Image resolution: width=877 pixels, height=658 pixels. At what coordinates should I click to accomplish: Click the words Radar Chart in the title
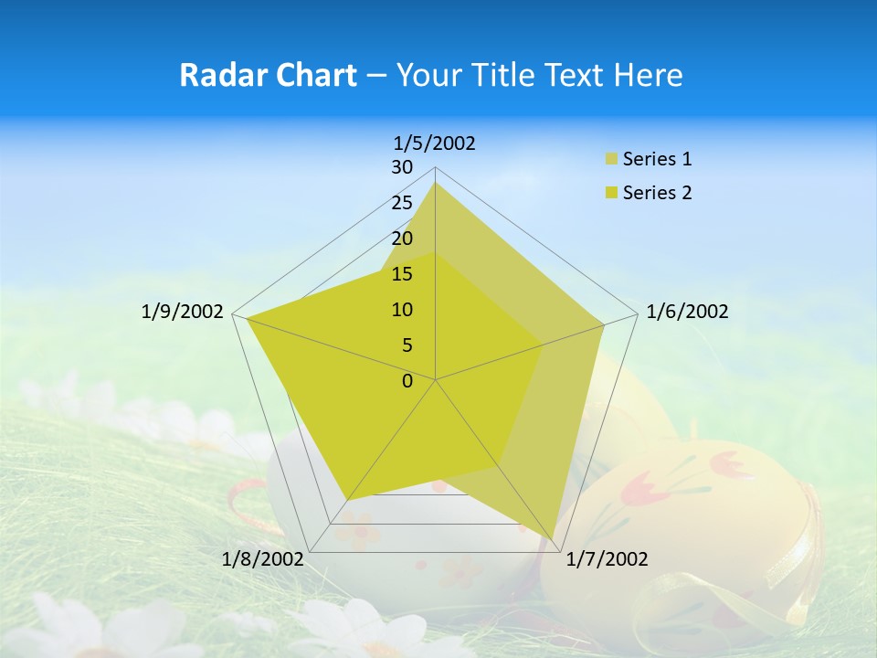268,75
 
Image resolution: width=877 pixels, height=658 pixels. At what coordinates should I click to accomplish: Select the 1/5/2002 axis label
435,143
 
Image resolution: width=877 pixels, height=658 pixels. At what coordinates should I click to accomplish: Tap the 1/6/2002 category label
687,313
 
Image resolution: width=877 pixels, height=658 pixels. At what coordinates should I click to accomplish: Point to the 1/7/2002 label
607,559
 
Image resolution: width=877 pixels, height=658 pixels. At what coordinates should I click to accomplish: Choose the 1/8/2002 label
263,559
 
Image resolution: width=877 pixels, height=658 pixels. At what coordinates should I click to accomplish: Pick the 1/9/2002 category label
183,313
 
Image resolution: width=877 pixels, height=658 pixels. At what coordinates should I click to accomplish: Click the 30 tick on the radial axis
402,167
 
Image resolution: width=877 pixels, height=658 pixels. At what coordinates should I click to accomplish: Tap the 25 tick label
402,203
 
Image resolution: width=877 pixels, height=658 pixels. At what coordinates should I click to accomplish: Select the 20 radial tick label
402,239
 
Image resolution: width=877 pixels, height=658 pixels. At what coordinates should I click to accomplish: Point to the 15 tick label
402,274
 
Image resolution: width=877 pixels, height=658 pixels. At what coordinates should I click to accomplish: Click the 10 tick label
402,310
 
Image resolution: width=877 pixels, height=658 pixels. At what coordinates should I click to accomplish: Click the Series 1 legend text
657,159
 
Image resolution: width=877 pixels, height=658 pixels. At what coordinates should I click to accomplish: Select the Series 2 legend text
657,193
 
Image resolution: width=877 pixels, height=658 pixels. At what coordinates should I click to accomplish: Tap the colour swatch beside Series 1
611,160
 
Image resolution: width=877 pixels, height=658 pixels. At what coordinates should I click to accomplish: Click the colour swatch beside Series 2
611,194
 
